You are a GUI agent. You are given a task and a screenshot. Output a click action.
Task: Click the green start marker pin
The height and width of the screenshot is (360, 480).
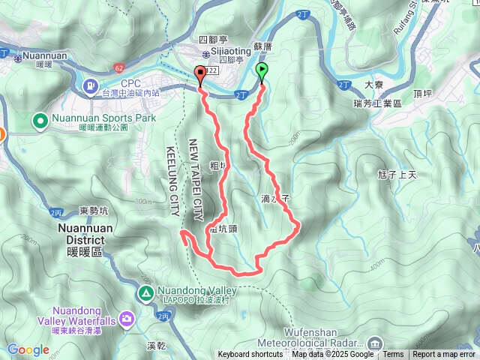point(262,72)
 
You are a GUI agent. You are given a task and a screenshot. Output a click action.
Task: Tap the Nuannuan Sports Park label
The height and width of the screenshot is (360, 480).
point(103,118)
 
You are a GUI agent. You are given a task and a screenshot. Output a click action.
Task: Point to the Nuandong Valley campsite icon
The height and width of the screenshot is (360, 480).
point(145,292)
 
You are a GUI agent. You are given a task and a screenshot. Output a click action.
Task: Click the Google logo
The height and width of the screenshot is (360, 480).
point(28,349)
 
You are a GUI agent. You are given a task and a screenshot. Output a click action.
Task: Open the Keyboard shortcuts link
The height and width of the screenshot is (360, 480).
point(250,355)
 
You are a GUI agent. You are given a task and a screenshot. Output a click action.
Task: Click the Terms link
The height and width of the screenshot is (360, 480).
point(393,355)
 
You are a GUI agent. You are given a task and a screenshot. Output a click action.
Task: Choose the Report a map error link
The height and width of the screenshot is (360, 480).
point(444,355)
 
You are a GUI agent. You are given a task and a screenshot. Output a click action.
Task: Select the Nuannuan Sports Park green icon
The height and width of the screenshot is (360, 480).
point(40,119)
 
